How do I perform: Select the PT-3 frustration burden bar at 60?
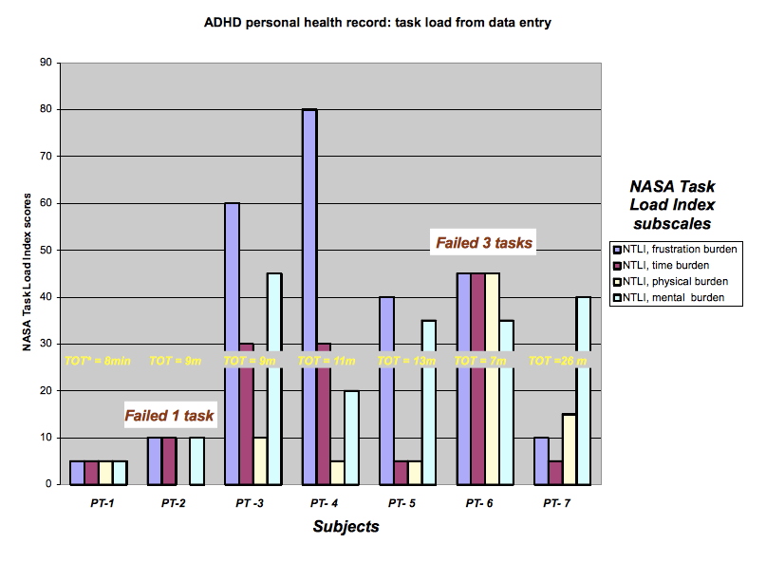pos(232,343)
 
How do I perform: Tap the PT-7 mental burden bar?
pos(583,390)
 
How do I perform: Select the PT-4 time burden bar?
pos(324,413)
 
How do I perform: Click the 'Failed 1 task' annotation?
pos(171,415)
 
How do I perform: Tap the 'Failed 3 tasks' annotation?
pos(484,243)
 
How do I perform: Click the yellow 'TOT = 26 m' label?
pos(557,361)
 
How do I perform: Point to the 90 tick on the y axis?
pos(47,63)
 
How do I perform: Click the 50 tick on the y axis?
pos(47,250)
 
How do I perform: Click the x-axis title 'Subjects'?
pos(346,526)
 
